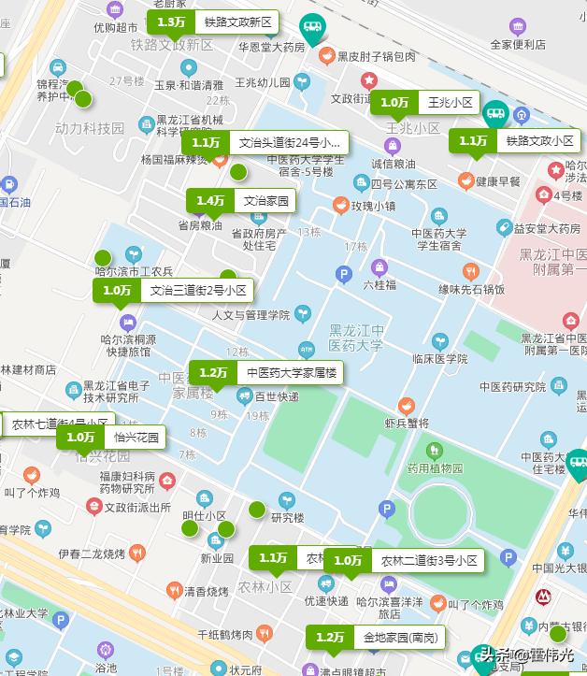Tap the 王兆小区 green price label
tap(426, 102)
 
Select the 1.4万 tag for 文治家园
tap(241, 200)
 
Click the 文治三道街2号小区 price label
tap(174, 290)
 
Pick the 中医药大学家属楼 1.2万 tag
tap(265, 372)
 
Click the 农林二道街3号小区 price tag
tap(404, 560)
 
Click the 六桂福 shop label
tap(379, 283)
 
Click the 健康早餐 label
tap(497, 181)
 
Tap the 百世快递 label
tap(277, 396)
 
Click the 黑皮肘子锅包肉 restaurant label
tap(377, 57)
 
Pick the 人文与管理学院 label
tap(251, 315)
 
